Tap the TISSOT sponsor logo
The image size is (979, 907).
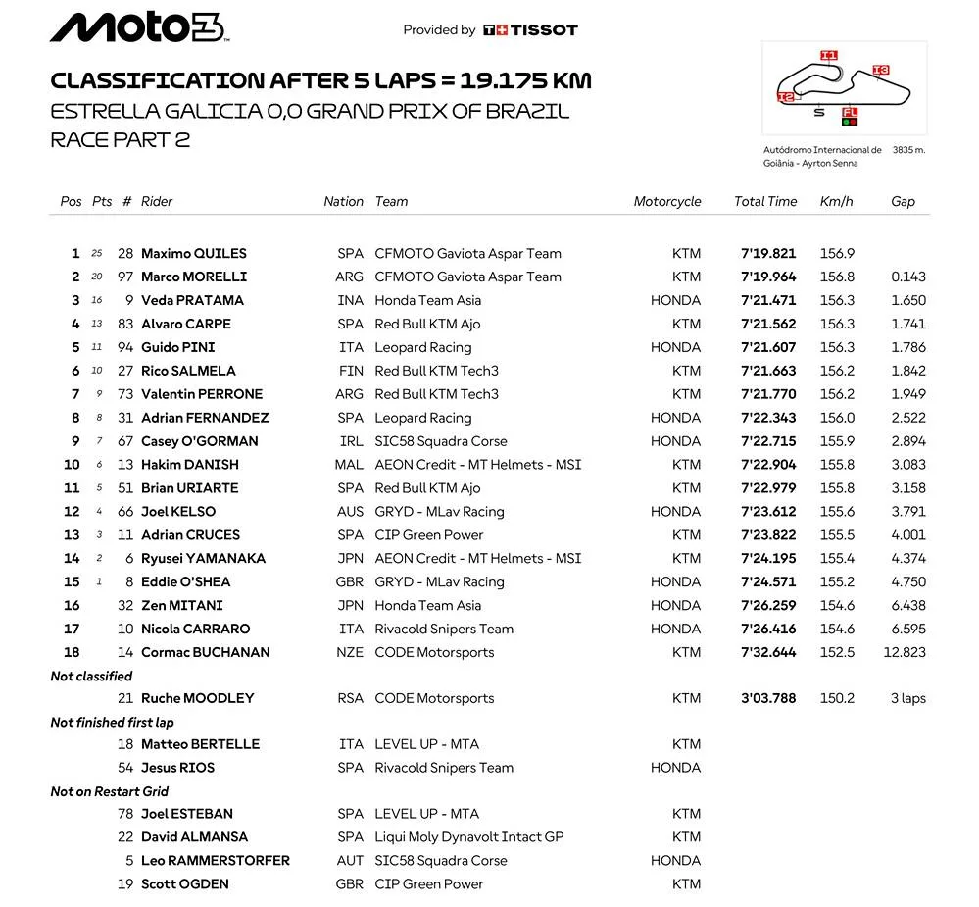click(530, 30)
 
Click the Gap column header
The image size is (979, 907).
click(903, 201)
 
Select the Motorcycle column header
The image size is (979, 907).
click(666, 201)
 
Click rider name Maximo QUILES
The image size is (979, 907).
click(193, 253)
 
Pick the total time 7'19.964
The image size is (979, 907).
click(768, 277)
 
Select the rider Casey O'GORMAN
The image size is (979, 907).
click(199, 441)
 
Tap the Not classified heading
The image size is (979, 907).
click(91, 676)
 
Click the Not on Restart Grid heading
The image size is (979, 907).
click(110, 791)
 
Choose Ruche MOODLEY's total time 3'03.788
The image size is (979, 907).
click(768, 698)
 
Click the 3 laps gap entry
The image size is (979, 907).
click(907, 698)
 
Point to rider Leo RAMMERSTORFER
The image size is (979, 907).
click(215, 860)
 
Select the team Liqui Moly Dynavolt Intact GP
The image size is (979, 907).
click(468, 836)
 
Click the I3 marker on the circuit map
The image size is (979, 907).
click(880, 70)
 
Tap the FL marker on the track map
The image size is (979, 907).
click(850, 113)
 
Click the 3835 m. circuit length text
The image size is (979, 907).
click(907, 150)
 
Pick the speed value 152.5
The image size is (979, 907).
click(837, 652)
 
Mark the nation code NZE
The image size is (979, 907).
click(350, 652)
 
